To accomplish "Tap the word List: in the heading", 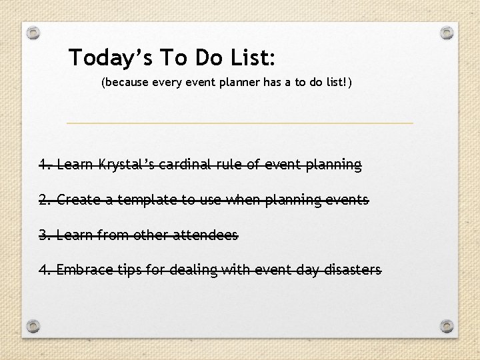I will (x=252, y=58).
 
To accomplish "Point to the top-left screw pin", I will (x=34, y=32).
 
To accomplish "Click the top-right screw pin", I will (x=447, y=32).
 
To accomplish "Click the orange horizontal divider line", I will (x=240, y=123).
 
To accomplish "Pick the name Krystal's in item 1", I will (x=126, y=164).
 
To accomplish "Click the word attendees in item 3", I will (x=206, y=235).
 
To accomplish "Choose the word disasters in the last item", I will (x=353, y=270).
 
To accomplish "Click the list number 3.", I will (x=44, y=235).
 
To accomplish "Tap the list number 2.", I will (x=44, y=199).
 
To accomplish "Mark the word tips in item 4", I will (x=125, y=270).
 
